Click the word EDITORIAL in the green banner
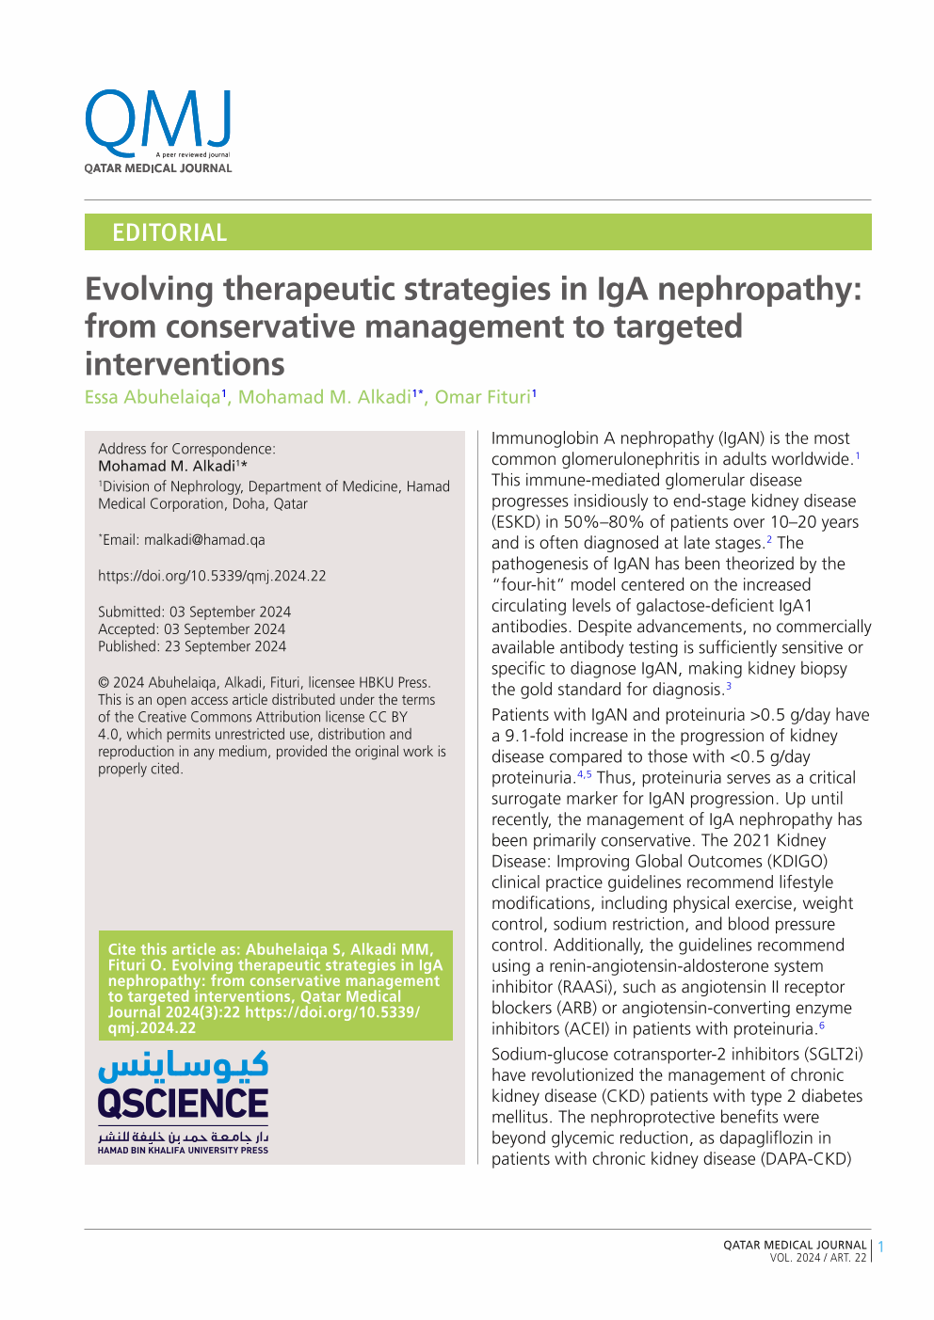pyautogui.click(x=169, y=232)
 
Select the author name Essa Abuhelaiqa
pyautogui.click(x=153, y=397)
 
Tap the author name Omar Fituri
pyautogui.click(x=483, y=397)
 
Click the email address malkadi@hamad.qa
pyautogui.click(x=204, y=540)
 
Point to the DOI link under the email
pyautogui.click(x=212, y=576)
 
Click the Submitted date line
pyautogui.click(x=195, y=612)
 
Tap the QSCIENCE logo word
pyautogui.click(x=183, y=1103)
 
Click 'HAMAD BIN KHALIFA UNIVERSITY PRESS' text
pyautogui.click(x=183, y=1150)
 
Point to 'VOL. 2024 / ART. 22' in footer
pyautogui.click(x=817, y=1258)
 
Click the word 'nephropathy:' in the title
pyautogui.click(x=759, y=289)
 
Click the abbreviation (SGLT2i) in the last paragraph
pyautogui.click(x=828, y=1054)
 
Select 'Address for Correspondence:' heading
pyautogui.click(x=186, y=449)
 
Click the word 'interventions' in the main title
pyautogui.click(x=185, y=364)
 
